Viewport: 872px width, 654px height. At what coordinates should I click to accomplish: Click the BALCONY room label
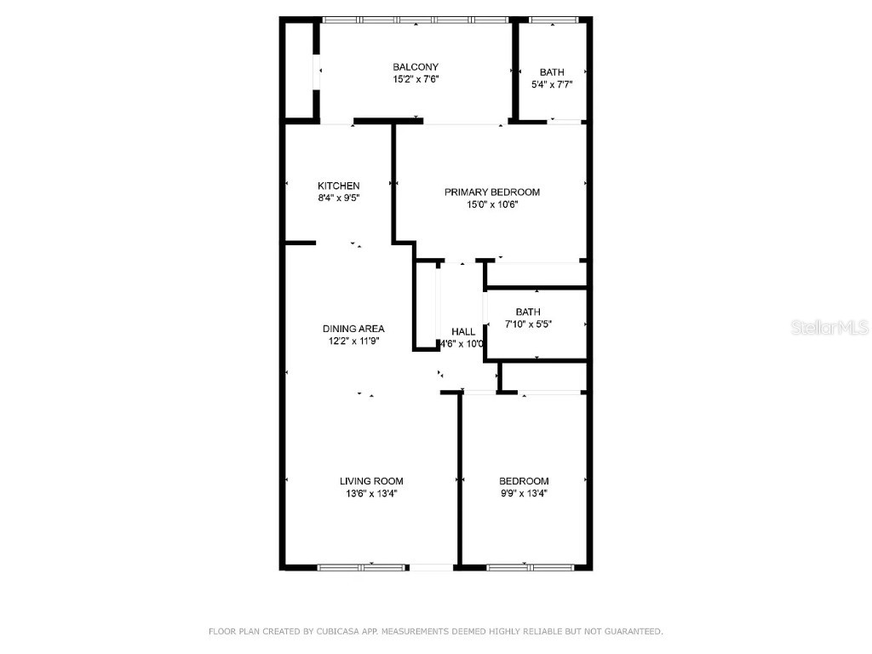tap(416, 67)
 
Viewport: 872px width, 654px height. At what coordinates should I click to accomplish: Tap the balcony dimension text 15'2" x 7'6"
tap(416, 79)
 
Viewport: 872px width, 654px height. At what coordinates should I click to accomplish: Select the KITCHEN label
tap(339, 186)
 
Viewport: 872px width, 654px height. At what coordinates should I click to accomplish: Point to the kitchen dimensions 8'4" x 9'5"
tap(339, 198)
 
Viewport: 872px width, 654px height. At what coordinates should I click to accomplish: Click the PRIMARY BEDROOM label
tap(492, 192)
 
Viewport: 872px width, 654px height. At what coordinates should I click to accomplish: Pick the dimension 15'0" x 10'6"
tap(492, 204)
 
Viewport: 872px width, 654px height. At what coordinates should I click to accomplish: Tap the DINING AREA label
tap(353, 329)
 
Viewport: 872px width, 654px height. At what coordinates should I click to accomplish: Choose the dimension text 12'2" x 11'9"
tap(353, 341)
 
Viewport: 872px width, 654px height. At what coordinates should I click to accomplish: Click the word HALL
tap(463, 332)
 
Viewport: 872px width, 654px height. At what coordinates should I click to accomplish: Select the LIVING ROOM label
tap(369, 481)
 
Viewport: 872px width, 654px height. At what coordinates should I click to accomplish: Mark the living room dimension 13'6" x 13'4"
tap(369, 493)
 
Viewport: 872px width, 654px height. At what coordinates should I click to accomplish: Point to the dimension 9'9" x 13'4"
tap(524, 493)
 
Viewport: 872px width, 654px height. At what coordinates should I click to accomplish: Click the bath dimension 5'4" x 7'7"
tap(552, 84)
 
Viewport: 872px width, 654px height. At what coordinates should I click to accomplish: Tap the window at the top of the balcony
tap(416, 20)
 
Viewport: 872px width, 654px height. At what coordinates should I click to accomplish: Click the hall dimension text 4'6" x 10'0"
tap(462, 344)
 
